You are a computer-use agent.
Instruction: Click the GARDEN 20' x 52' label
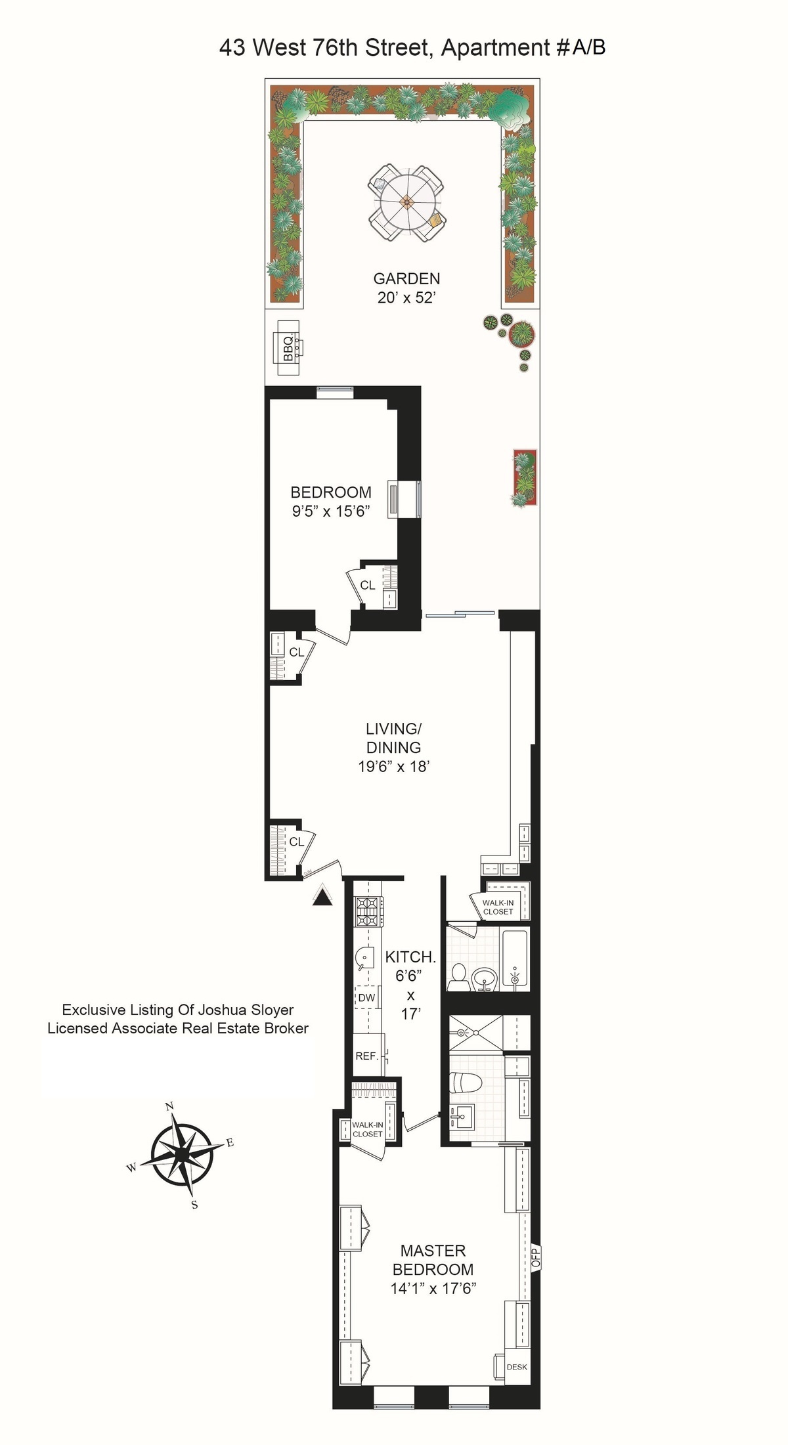406,288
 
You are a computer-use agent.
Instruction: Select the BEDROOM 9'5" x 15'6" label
331,501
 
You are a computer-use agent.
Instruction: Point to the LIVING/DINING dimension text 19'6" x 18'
393,766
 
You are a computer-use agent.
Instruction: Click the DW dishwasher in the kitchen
366,997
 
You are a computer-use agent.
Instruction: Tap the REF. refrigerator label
366,1056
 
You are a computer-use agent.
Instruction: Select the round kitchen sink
365,958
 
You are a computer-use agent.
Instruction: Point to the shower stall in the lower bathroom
475,1033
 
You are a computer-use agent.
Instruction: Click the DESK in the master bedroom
517,1367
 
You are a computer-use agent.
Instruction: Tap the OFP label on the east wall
535,1257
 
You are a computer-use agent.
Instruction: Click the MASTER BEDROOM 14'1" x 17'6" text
433,1269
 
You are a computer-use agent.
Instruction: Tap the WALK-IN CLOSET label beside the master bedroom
367,1129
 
